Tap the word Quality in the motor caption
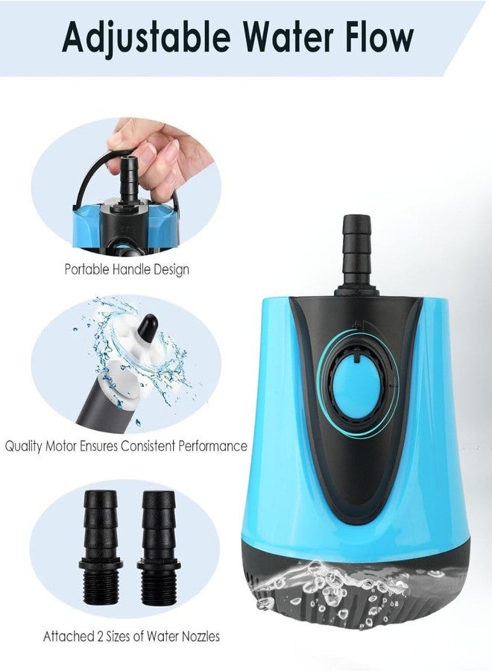click(x=25, y=447)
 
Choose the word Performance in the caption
click(x=211, y=447)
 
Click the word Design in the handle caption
click(x=171, y=268)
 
